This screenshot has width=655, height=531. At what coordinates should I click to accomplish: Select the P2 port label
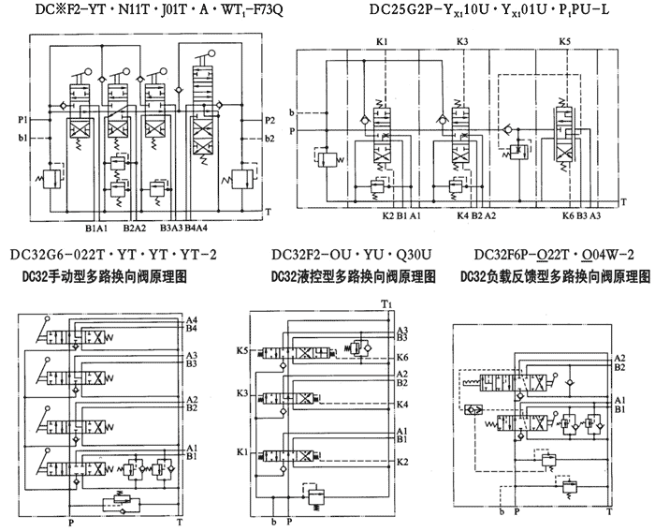269,120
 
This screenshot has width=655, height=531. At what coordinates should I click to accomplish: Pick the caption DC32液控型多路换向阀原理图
353,277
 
